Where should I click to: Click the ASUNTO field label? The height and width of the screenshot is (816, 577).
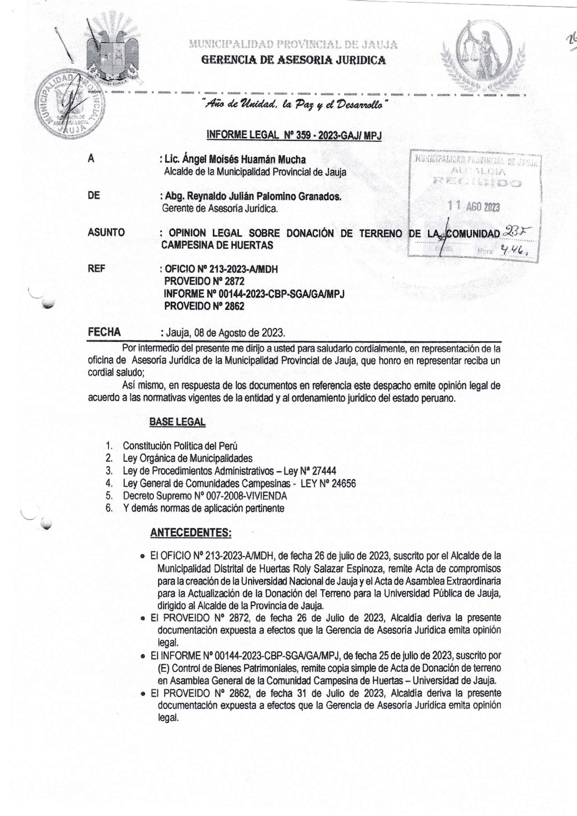coord(106,232)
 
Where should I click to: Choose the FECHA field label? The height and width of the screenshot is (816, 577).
coord(104,332)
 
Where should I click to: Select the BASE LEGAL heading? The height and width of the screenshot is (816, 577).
coord(177,422)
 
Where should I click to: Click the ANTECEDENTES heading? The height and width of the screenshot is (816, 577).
coord(191,533)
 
